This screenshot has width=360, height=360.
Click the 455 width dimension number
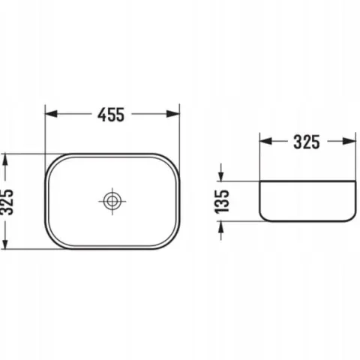click(111, 115)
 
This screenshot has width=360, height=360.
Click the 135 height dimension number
click(222, 202)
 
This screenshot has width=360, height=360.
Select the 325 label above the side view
click(307, 142)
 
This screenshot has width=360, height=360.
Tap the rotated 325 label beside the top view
click(7, 202)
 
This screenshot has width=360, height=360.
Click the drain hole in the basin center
click(112, 201)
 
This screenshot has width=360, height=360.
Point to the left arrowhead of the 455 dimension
click(51, 114)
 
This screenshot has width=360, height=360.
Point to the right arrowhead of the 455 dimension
click(173, 114)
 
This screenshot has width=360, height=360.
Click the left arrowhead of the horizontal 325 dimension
click(265, 141)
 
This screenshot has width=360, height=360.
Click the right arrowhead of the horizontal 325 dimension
click(349, 141)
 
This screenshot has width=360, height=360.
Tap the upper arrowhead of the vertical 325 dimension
click(5, 160)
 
